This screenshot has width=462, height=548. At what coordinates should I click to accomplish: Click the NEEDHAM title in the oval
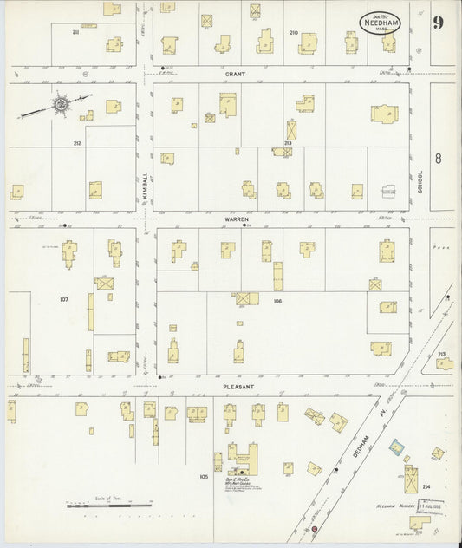(382, 23)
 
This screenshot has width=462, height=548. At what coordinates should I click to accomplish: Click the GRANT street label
(236, 75)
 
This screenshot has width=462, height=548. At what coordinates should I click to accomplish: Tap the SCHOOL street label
(420, 181)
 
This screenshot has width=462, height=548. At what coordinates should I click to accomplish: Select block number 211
(76, 32)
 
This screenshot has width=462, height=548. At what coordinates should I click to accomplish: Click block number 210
(293, 32)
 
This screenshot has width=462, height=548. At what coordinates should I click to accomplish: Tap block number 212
(76, 142)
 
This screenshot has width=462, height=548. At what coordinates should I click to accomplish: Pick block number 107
(63, 299)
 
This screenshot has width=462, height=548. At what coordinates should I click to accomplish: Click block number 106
(277, 301)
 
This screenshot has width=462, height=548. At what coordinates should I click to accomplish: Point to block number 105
(204, 476)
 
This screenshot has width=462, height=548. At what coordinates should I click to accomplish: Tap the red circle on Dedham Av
(314, 528)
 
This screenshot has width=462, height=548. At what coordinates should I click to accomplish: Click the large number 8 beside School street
(439, 158)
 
